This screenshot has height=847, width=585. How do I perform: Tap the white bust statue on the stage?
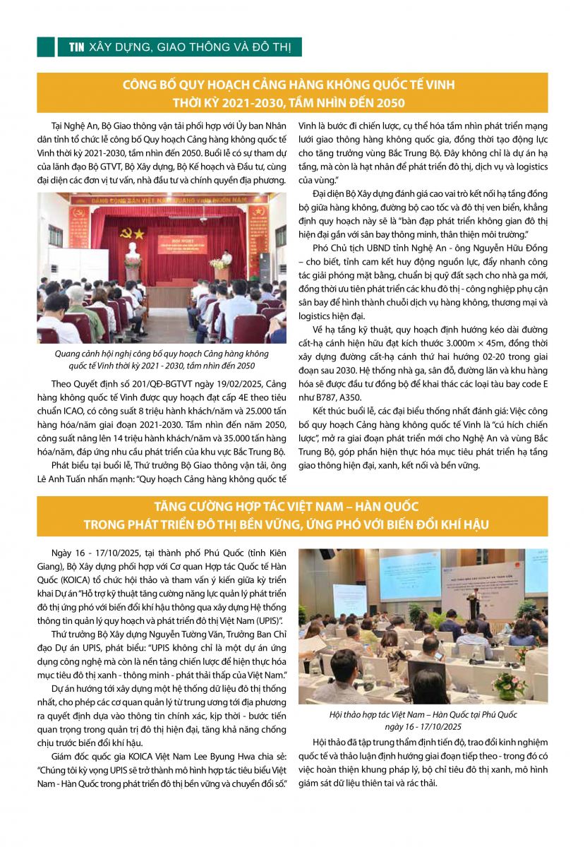(131, 252)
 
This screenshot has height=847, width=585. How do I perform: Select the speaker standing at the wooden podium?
(227, 258)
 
